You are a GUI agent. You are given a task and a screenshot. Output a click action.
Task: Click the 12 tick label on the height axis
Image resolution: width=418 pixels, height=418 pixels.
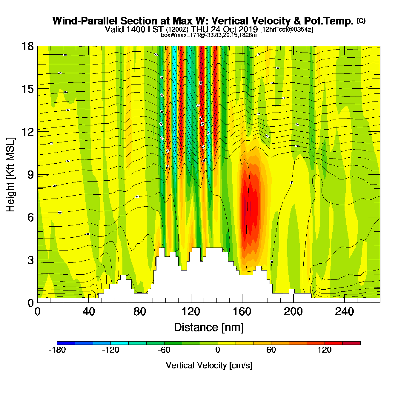point(27,132)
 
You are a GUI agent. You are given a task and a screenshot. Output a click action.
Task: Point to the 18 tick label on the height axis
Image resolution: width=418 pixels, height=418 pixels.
point(27,46)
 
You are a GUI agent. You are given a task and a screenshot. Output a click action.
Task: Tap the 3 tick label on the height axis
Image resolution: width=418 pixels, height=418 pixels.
point(30,260)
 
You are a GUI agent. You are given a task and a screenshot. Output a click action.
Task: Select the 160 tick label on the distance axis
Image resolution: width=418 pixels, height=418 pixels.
point(242,312)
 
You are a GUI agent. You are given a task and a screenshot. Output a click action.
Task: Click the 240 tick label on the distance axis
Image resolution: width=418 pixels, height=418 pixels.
point(345,312)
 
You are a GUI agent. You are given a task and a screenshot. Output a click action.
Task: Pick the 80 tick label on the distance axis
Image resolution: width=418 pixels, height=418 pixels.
point(140,312)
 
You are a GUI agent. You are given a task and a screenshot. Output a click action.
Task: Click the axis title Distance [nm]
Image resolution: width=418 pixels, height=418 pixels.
point(209,328)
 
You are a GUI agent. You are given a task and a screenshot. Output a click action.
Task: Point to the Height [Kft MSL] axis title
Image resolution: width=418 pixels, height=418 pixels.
point(10,175)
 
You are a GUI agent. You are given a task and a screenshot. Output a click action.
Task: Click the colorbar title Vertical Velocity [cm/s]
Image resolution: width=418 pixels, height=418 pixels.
point(209,365)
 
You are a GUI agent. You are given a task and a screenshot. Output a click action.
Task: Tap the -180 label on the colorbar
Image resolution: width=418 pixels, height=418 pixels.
point(57,350)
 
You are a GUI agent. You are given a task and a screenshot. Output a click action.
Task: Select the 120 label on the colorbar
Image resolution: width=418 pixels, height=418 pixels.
point(325,350)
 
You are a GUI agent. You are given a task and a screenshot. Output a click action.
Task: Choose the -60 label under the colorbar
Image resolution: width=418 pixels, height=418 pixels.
point(164,350)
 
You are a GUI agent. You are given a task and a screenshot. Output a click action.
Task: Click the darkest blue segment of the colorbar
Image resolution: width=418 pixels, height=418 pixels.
point(66,343)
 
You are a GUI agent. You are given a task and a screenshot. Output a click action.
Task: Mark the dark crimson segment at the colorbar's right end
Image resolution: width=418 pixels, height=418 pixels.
point(351,343)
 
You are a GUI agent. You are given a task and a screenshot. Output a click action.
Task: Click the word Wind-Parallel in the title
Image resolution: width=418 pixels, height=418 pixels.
point(85,21)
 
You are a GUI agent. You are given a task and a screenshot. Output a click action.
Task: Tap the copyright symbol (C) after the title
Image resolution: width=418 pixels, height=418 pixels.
point(361,21)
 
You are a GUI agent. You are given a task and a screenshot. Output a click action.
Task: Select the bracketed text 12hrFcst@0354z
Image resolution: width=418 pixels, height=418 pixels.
point(287,30)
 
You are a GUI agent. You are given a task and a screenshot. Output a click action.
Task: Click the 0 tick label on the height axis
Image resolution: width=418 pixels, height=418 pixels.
point(30,303)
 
